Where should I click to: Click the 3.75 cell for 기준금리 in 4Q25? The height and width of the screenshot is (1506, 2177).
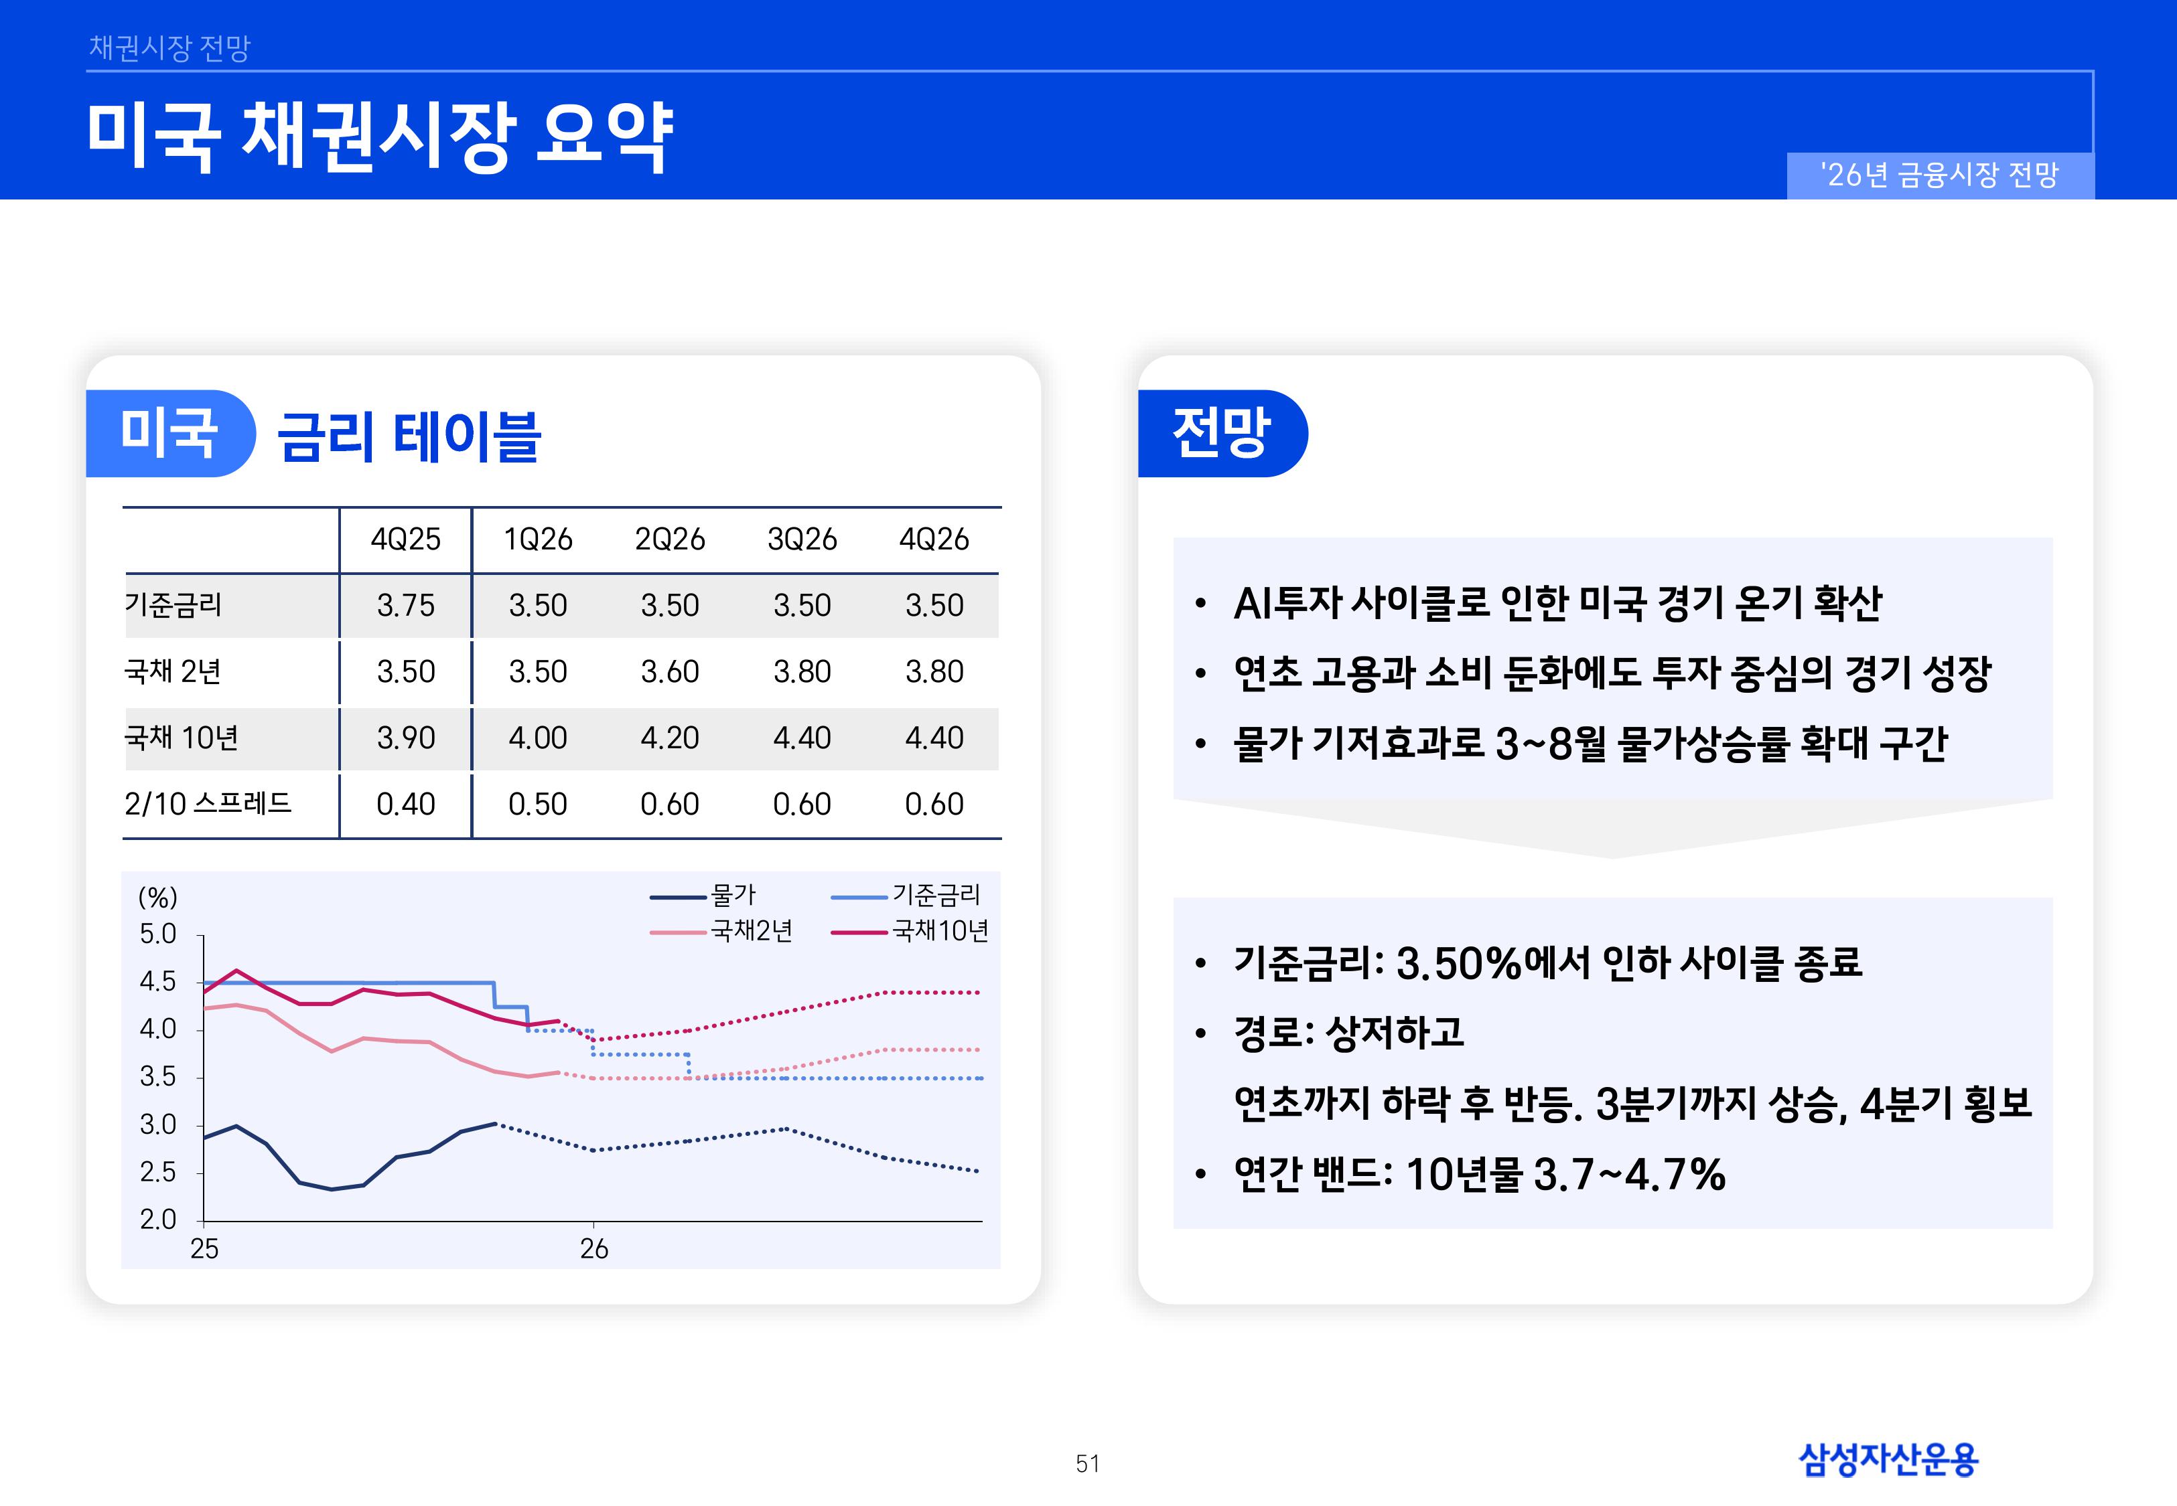[x=405, y=605]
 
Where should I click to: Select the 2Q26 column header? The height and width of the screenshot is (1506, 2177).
[x=669, y=539]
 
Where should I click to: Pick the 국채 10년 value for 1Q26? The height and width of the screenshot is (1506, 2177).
[x=537, y=737]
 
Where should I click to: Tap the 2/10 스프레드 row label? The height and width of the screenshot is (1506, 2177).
[x=208, y=804]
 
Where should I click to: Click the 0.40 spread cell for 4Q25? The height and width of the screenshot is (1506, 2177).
[x=405, y=804]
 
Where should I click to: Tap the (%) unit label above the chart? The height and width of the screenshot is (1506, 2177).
[x=157, y=896]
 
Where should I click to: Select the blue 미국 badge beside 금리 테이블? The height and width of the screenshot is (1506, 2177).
[x=169, y=433]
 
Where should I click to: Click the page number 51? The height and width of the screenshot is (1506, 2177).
[x=1088, y=1464]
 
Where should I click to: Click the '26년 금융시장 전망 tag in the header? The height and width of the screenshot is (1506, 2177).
[x=1940, y=175]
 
